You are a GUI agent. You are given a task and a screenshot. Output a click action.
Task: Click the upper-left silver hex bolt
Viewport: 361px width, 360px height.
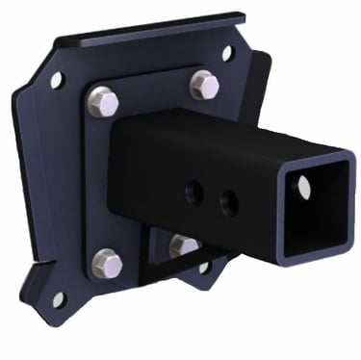[x=102, y=98]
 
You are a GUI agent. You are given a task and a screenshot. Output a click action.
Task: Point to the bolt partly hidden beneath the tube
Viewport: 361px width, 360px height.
[x=183, y=245]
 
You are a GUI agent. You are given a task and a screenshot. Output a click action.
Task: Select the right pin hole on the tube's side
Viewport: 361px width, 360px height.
[x=228, y=201]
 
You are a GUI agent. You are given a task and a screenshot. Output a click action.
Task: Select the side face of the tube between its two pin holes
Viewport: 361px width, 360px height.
[x=213, y=197]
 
